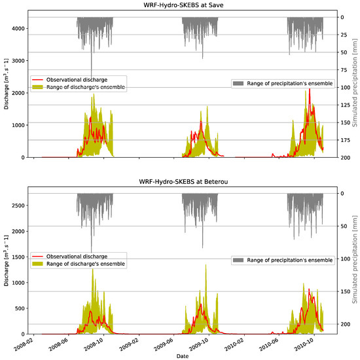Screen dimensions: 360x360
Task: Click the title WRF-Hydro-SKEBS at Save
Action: [x=180, y=5]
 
